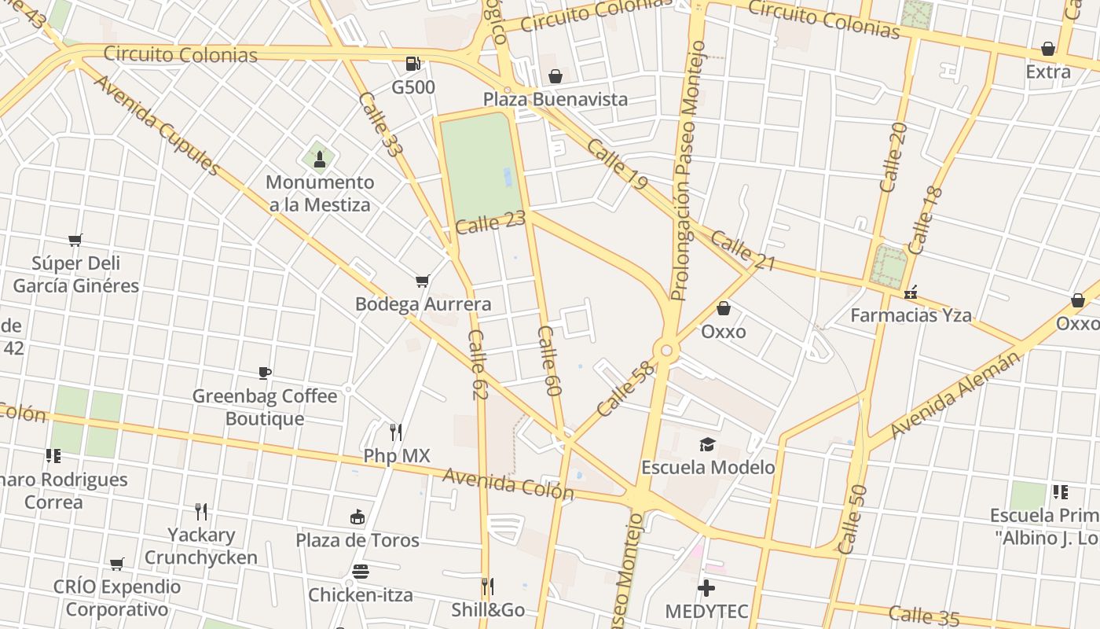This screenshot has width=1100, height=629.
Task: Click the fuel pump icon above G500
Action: coord(412,64)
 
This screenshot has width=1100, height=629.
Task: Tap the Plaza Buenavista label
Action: coord(555,99)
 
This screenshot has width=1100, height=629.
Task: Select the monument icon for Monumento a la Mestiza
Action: coord(320,159)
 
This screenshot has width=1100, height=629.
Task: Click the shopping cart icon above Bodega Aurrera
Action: coord(423,281)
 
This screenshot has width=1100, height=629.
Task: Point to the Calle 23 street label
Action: coord(489,223)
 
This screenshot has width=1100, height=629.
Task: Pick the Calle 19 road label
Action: coord(617,165)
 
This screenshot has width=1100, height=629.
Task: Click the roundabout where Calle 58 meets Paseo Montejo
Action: coord(666,350)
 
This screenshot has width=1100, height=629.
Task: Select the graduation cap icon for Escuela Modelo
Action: coord(707,445)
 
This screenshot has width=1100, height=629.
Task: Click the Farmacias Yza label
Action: coord(911,315)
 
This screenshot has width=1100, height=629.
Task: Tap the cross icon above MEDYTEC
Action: coord(706,588)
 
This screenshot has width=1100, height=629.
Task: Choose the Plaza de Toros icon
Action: coord(357,517)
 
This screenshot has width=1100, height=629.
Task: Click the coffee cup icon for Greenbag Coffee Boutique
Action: coord(265,373)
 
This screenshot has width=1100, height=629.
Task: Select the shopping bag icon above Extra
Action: coord(1047,49)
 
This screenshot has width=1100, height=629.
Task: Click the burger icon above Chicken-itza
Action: coord(360,572)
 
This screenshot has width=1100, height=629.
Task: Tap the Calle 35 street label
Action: coord(924,616)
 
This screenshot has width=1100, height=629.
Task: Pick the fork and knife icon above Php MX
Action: coord(396,432)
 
